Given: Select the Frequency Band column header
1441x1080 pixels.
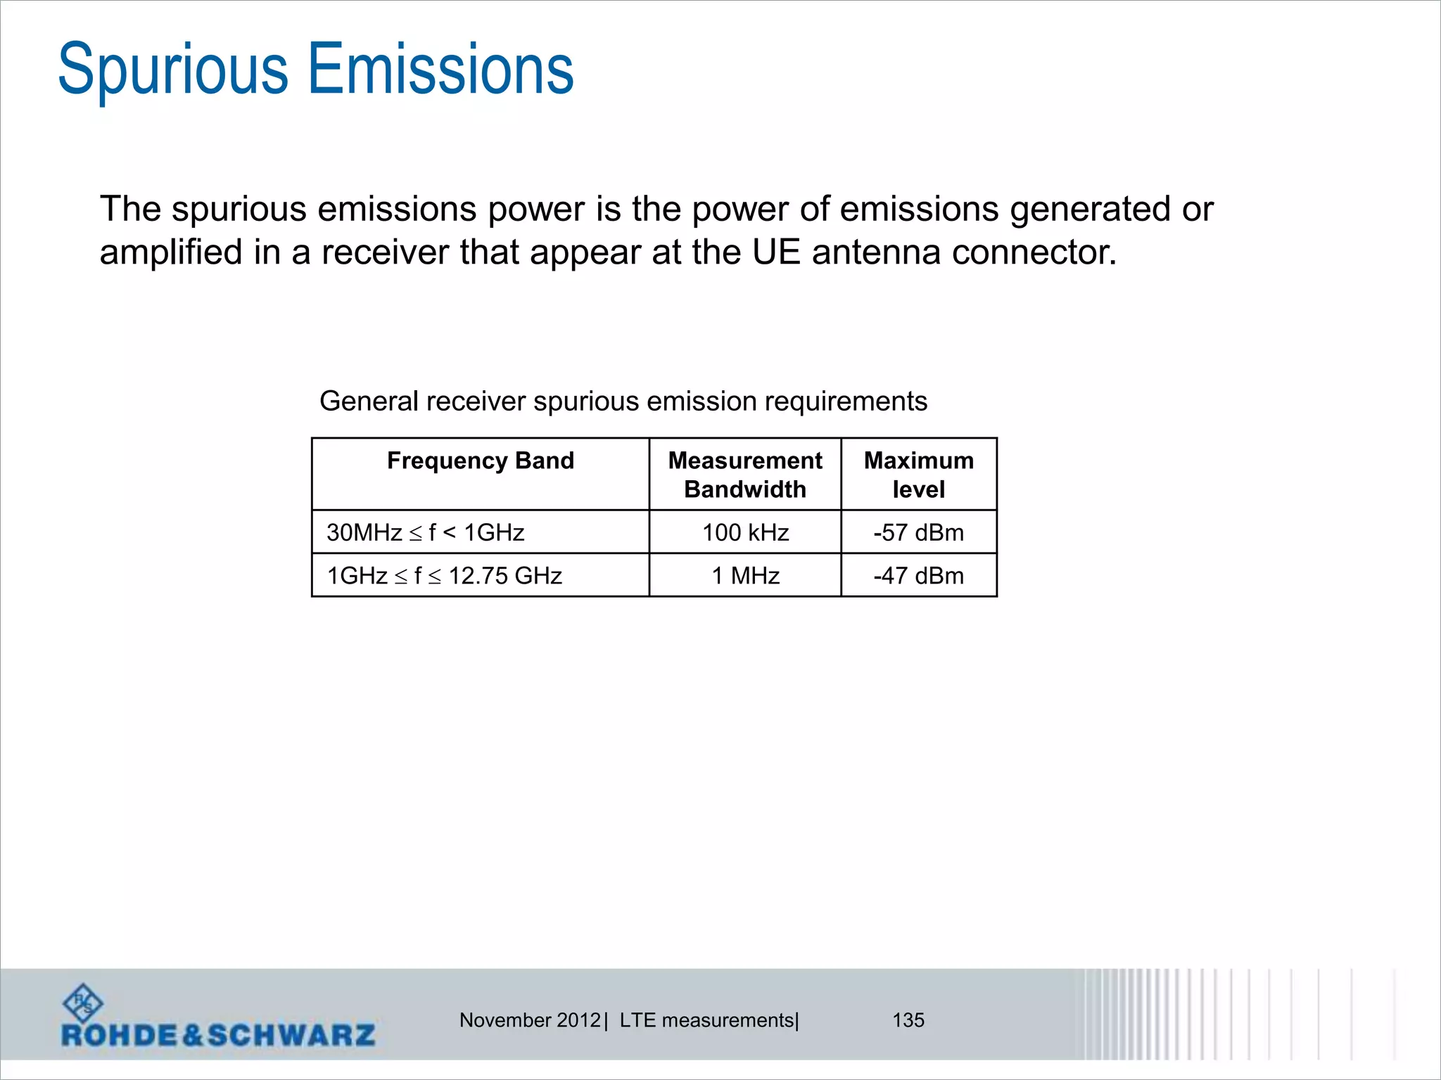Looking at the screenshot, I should (x=481, y=461).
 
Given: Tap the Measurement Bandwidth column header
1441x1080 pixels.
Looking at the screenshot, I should (x=745, y=475).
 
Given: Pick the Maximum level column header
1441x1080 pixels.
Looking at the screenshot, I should (x=919, y=475).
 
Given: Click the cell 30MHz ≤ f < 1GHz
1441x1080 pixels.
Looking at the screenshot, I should (x=426, y=532).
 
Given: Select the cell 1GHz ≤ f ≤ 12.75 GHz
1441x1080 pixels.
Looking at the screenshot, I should (x=445, y=576).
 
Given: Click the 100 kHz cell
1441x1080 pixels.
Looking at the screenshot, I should (x=745, y=532).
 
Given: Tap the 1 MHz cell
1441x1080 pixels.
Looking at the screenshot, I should (x=745, y=576).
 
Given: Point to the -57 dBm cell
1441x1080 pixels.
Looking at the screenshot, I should (x=919, y=532).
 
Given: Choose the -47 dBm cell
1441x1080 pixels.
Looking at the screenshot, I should (x=919, y=576).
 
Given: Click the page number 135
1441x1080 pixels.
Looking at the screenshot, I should (x=908, y=1020).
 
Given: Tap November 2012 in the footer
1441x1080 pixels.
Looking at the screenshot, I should (x=530, y=1020).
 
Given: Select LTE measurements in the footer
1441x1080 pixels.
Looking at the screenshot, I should (x=707, y=1020).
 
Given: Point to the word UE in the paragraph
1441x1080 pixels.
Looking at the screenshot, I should (x=776, y=252).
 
